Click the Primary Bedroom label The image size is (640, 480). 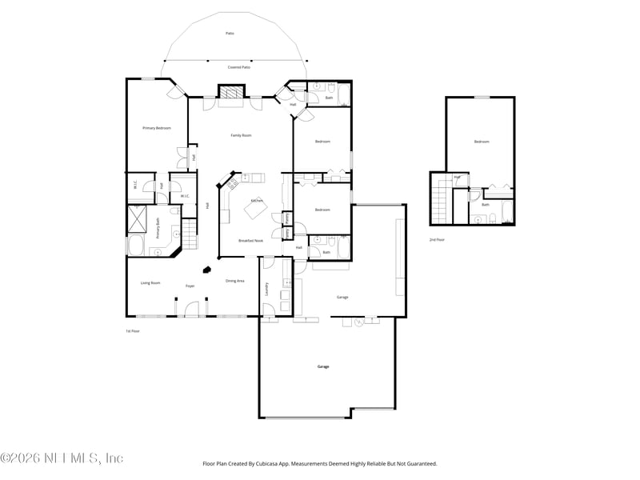pos(157,128)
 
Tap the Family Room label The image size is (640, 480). pos(241,135)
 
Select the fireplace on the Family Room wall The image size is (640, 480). pos(232,94)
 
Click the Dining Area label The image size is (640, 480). pos(235,281)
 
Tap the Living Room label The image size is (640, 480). pos(150,282)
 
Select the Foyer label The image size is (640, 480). pos(190,286)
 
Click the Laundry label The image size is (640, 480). pos(266,289)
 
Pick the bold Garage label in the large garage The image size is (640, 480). pos(322,366)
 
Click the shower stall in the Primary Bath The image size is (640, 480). pos(137,217)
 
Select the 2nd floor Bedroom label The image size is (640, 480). pos(481,142)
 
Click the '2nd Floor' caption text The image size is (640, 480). pos(438,240)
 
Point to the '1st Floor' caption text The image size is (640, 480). pos(133,330)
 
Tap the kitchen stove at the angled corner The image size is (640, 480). pos(230,184)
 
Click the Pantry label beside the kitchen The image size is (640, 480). pos(286,218)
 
